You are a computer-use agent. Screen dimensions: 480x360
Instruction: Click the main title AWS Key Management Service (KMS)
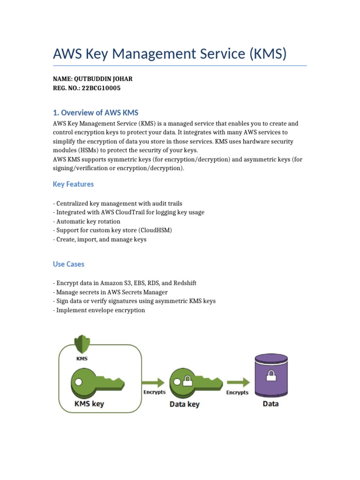coord(170,54)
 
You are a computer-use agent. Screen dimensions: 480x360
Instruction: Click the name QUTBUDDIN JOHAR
coord(102,79)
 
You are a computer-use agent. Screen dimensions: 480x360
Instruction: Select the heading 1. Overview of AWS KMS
coord(96,112)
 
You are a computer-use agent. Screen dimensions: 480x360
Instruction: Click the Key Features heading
coord(73,184)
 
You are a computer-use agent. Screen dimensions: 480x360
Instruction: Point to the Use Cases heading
coord(68,264)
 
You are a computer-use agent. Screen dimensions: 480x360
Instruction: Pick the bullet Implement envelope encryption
coord(99,310)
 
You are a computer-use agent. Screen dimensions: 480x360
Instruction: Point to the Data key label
coord(184,404)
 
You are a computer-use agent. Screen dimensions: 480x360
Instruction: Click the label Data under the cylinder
coord(270,403)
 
